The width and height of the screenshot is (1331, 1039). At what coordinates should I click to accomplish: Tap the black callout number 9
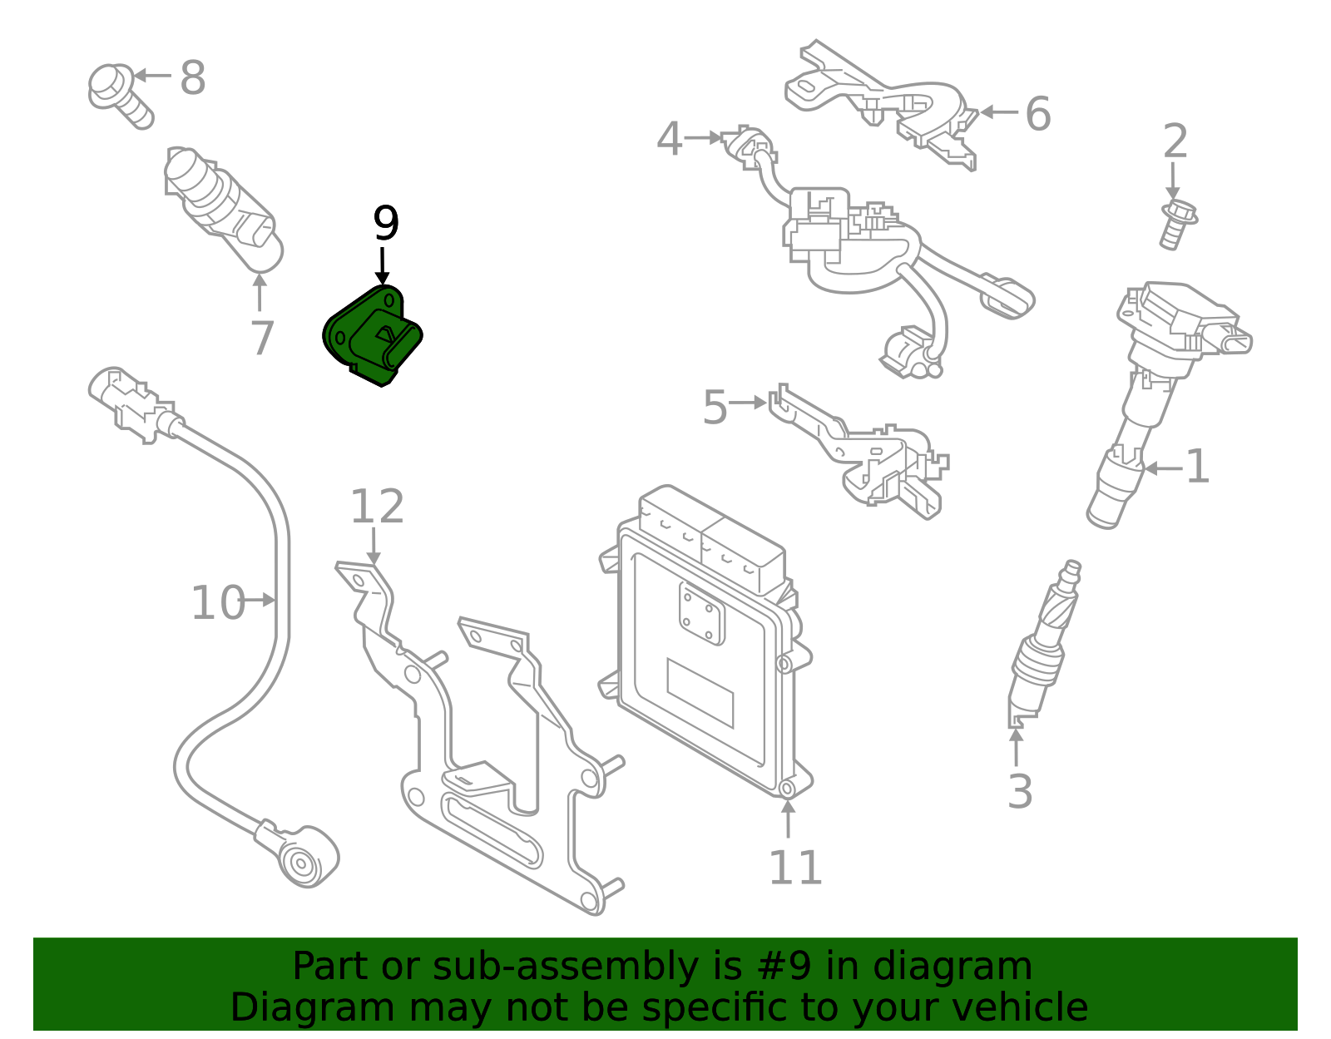[386, 223]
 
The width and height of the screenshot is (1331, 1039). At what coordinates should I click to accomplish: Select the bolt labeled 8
[119, 94]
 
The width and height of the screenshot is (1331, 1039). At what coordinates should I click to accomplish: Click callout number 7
[262, 339]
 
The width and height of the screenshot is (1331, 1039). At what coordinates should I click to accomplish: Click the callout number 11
[794, 868]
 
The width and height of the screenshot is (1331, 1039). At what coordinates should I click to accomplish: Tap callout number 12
[377, 507]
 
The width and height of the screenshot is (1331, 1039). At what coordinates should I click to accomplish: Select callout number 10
[218, 603]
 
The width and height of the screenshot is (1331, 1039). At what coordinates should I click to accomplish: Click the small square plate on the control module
[701, 612]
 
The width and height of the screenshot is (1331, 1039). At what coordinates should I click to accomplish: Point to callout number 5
[715, 408]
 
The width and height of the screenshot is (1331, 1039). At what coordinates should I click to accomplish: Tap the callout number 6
[1037, 114]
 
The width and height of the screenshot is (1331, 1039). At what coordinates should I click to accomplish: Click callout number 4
[670, 139]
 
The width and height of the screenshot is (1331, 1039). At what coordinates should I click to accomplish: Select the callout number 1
[1197, 467]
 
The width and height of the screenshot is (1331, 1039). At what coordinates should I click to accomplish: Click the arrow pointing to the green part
[383, 266]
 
